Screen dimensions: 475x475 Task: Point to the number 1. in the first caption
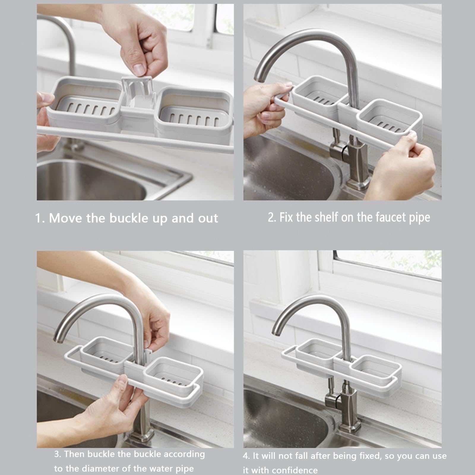click(40, 218)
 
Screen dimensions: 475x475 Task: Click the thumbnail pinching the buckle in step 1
click(138, 69)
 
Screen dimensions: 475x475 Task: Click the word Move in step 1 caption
click(66, 218)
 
